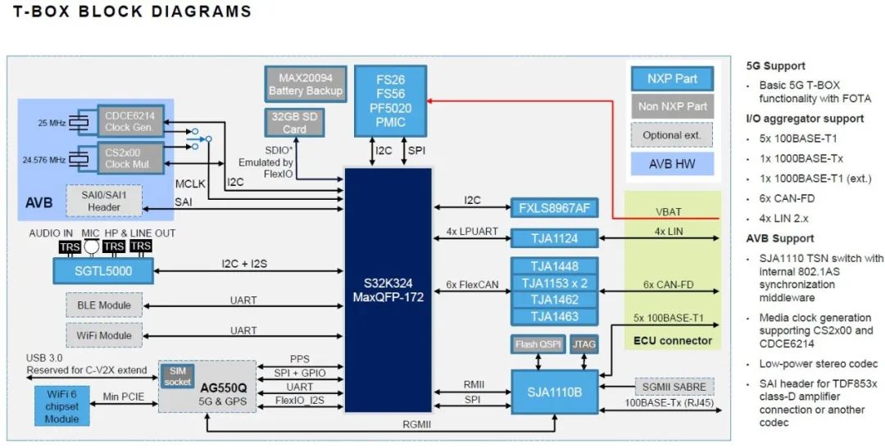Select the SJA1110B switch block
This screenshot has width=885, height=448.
[x=560, y=392]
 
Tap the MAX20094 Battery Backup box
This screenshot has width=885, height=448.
[x=306, y=84]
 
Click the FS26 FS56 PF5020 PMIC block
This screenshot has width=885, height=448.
[x=391, y=102]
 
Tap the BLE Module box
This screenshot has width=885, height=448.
[x=103, y=306]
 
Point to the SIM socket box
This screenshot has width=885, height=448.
[x=178, y=376]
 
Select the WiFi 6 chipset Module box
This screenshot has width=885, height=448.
[x=61, y=406]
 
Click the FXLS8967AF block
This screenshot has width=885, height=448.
[x=555, y=208]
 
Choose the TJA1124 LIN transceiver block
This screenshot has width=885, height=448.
[x=555, y=238]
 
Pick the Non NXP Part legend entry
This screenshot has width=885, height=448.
[x=673, y=106]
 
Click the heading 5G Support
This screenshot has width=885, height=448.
[x=775, y=66]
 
